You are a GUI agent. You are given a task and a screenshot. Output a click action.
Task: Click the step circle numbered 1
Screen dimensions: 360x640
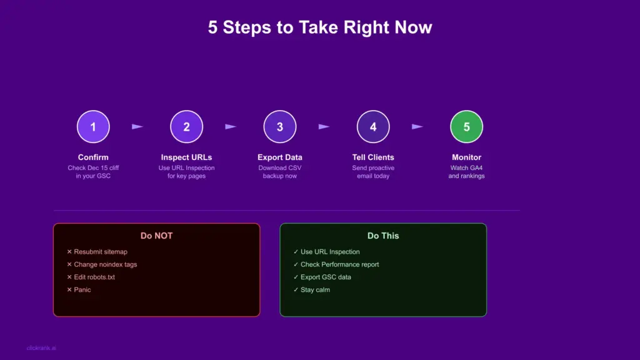[x=93, y=127]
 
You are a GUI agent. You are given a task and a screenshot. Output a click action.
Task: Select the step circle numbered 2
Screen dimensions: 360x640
[x=186, y=127]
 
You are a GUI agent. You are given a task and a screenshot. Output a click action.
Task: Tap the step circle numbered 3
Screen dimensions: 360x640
[x=279, y=127]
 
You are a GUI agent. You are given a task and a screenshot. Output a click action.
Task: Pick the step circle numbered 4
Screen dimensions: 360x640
[x=373, y=127]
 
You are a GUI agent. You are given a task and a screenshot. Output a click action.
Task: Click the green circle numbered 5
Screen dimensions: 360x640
[x=466, y=127]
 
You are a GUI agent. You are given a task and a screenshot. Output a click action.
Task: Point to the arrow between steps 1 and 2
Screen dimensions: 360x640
[x=137, y=127]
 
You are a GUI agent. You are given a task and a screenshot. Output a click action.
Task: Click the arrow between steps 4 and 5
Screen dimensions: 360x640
[x=417, y=127]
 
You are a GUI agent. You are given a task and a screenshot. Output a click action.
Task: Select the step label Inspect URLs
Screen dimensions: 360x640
[x=186, y=157]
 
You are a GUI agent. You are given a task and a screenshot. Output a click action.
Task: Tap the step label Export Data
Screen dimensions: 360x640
[x=279, y=157]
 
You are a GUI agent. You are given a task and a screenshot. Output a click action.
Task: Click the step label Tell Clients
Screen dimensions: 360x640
[x=373, y=157]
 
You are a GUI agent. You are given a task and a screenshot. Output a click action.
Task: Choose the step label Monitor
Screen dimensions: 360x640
[x=466, y=157]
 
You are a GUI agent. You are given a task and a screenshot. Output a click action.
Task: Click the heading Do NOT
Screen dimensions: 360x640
[x=156, y=236]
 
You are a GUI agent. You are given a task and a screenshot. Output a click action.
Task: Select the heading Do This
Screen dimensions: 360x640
[x=382, y=236]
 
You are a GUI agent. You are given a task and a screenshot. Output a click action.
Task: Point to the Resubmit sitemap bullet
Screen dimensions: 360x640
[x=100, y=252]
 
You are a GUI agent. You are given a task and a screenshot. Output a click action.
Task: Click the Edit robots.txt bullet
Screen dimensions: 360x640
[x=94, y=277]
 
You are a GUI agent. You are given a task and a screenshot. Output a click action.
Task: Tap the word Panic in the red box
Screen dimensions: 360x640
[x=82, y=289]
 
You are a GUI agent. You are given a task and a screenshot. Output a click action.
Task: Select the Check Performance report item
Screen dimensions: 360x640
[x=339, y=264]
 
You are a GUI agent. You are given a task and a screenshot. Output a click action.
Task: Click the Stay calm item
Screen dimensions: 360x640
[x=315, y=289]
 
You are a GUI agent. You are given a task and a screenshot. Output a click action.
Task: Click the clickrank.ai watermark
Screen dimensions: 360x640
[x=42, y=348]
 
